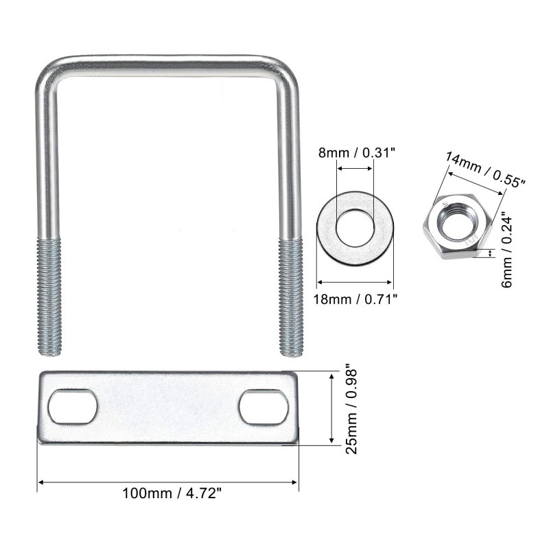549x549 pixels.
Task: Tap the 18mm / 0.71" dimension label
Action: (355, 299)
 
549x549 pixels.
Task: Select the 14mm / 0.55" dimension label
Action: (485, 170)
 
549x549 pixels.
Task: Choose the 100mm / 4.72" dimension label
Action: (172, 493)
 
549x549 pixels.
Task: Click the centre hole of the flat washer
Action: (355, 229)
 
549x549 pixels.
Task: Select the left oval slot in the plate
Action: (73, 406)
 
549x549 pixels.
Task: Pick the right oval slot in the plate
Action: (264, 407)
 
